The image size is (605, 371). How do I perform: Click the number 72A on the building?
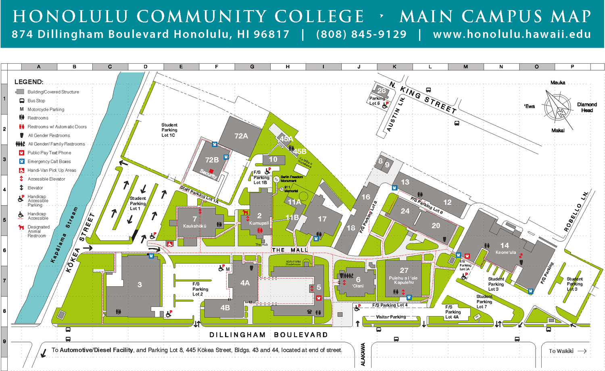tap(241, 136)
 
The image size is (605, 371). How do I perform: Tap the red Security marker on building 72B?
tap(211, 171)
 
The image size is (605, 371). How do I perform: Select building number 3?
tap(140, 285)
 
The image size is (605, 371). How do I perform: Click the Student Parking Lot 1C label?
tap(169, 130)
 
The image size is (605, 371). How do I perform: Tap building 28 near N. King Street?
tap(381, 91)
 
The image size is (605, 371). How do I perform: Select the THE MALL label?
tap(290, 250)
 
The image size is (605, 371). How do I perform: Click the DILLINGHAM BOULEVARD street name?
tap(268, 335)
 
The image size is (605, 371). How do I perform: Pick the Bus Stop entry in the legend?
tap(36, 101)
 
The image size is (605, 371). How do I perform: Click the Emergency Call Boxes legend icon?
tap(22, 161)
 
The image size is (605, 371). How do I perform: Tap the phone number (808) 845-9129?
tap(361, 34)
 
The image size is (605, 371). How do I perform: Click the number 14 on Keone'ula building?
tap(505, 245)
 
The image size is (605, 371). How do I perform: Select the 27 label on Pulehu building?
tap(404, 271)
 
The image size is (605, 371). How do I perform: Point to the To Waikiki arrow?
tap(582, 351)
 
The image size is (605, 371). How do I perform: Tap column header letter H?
tap(288, 67)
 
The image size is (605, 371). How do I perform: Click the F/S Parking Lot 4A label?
tap(453, 312)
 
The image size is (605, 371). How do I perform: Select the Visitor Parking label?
tap(391, 317)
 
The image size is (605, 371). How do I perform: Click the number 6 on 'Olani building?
tap(358, 279)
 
